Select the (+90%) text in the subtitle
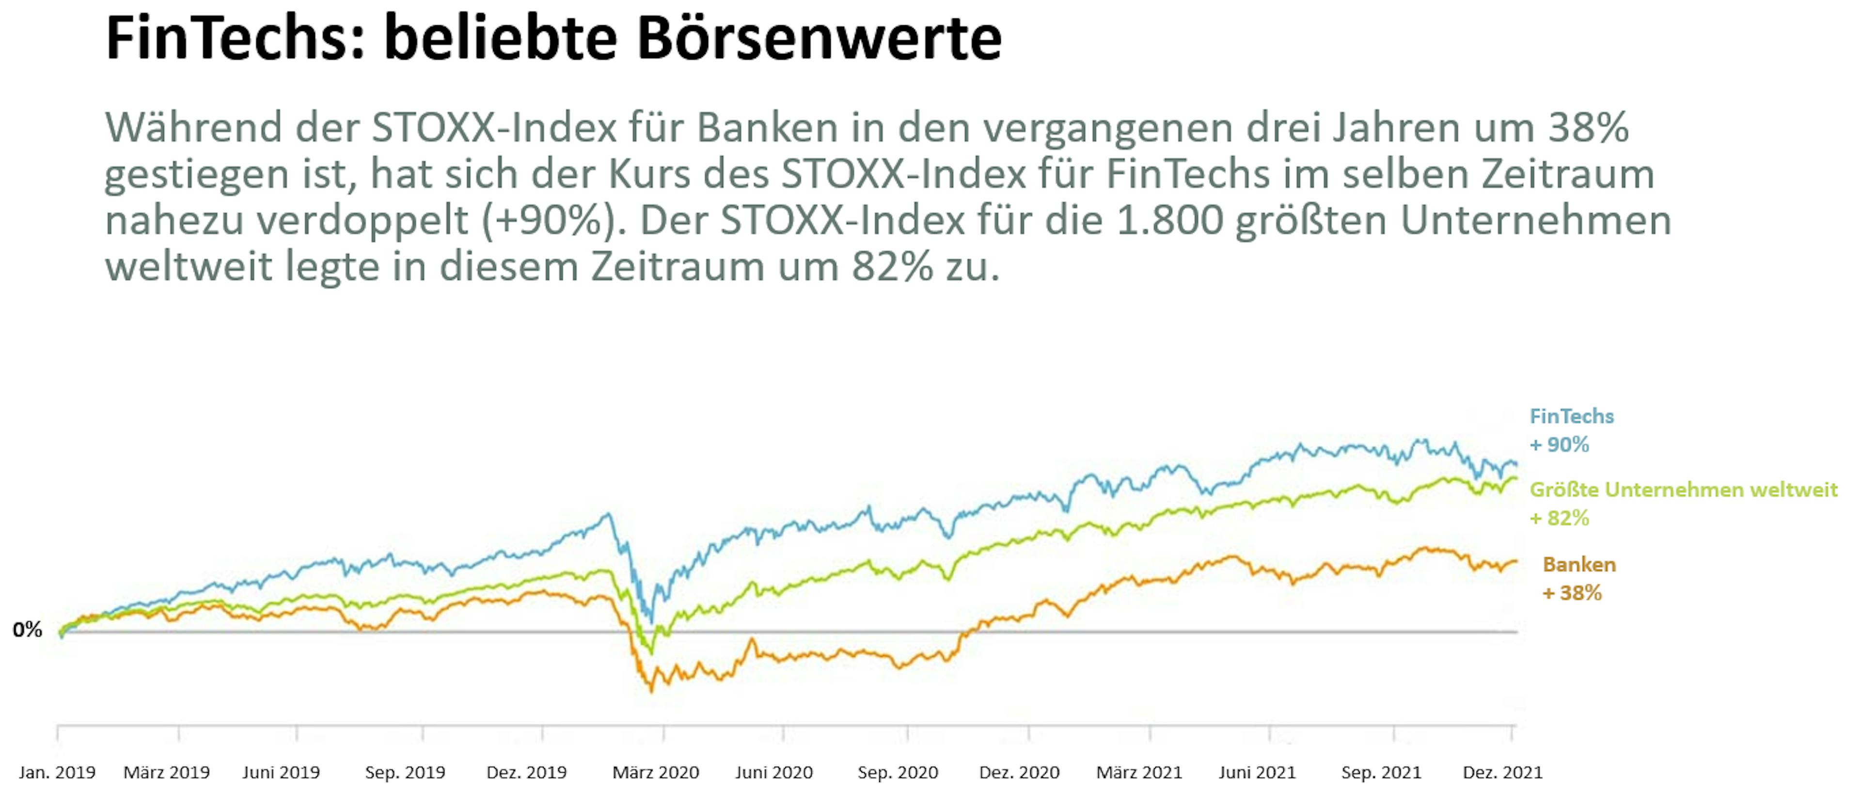coord(554,221)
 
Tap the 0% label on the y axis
coord(28,630)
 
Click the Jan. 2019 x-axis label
coord(57,772)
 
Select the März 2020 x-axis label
coord(655,772)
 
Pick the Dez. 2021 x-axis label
coord(1502,772)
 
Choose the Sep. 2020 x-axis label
coord(897,772)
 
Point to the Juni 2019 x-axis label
coord(281,772)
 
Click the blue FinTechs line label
coord(1571,416)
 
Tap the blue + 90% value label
coord(1559,444)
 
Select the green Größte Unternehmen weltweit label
coord(1683,490)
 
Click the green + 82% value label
coord(1559,518)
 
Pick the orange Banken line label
coord(1579,565)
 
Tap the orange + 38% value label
coord(1572,593)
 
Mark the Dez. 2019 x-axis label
coord(527,772)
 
